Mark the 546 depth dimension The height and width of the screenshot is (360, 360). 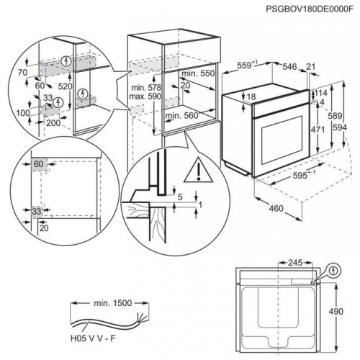click(288, 66)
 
